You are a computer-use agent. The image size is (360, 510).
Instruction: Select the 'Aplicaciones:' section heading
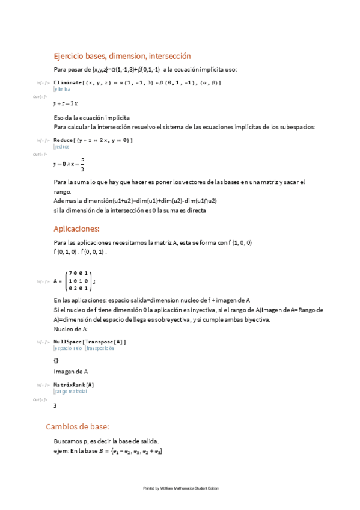pos(76,229)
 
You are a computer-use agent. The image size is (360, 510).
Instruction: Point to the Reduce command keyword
pos(64,140)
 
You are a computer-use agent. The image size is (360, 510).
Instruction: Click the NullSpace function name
pos(68,342)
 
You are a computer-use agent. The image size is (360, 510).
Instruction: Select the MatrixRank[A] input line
pos(74,384)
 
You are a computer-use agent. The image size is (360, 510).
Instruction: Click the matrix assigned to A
pos(78,280)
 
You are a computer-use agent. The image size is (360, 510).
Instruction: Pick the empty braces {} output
pos(56,360)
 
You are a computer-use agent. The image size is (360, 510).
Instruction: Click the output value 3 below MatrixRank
pos(55,405)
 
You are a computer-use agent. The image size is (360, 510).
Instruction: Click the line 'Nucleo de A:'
pos(71,329)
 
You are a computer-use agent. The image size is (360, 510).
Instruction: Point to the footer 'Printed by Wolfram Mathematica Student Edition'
pos(180,488)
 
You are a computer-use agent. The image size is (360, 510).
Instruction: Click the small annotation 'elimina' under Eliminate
pos(63,89)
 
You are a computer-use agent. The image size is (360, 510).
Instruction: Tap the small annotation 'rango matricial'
pos(70,391)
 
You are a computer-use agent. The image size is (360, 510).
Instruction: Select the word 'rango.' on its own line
pos(62,191)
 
